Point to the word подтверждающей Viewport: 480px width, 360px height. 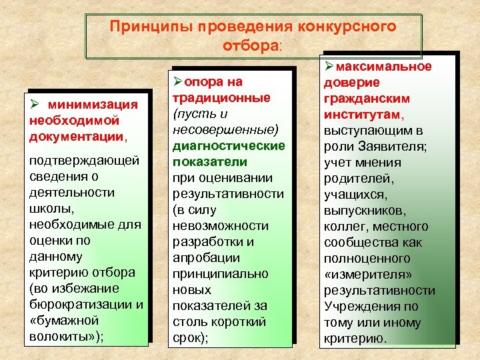click(85, 161)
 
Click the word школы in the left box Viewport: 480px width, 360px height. click(49, 209)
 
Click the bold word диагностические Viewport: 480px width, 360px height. click(229, 145)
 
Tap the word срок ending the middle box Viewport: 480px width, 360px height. click(187, 337)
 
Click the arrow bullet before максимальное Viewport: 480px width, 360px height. click(329, 67)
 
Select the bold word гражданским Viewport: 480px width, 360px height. click(366, 98)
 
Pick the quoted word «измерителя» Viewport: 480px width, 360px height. click(364, 274)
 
